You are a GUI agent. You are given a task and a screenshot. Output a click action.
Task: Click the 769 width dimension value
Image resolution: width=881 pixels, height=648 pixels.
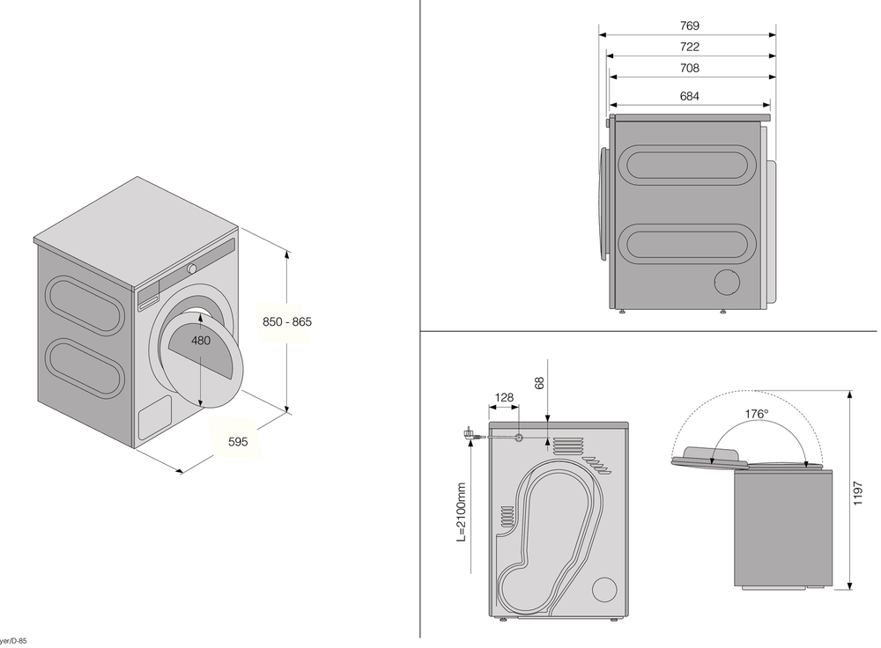click(x=690, y=26)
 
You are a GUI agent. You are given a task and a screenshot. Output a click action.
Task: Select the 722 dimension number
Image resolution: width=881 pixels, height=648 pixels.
click(x=690, y=48)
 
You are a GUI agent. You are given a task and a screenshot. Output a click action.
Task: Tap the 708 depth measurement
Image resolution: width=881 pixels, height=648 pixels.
click(x=690, y=68)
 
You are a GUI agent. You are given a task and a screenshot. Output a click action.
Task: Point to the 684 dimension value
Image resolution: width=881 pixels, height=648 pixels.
click(x=690, y=97)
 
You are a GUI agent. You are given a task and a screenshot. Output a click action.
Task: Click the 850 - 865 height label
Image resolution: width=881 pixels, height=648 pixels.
click(x=287, y=322)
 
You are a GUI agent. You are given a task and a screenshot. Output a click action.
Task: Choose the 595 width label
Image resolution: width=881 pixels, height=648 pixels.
click(x=238, y=443)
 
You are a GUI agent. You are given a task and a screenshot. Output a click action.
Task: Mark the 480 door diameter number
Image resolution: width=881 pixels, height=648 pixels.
click(x=201, y=340)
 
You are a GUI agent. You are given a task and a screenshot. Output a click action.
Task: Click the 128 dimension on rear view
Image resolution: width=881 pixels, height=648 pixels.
click(x=503, y=398)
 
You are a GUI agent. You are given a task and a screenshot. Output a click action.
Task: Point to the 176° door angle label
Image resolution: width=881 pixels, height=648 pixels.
click(x=757, y=414)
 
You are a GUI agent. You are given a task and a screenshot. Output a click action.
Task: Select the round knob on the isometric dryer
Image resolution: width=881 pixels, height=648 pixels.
click(x=191, y=268)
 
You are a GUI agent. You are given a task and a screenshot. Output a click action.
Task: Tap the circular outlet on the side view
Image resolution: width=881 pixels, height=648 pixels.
click(x=729, y=283)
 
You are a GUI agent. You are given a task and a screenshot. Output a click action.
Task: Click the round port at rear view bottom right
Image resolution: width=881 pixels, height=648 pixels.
click(x=605, y=589)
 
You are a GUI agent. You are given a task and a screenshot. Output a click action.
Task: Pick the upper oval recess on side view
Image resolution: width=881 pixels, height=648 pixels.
click(x=687, y=165)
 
